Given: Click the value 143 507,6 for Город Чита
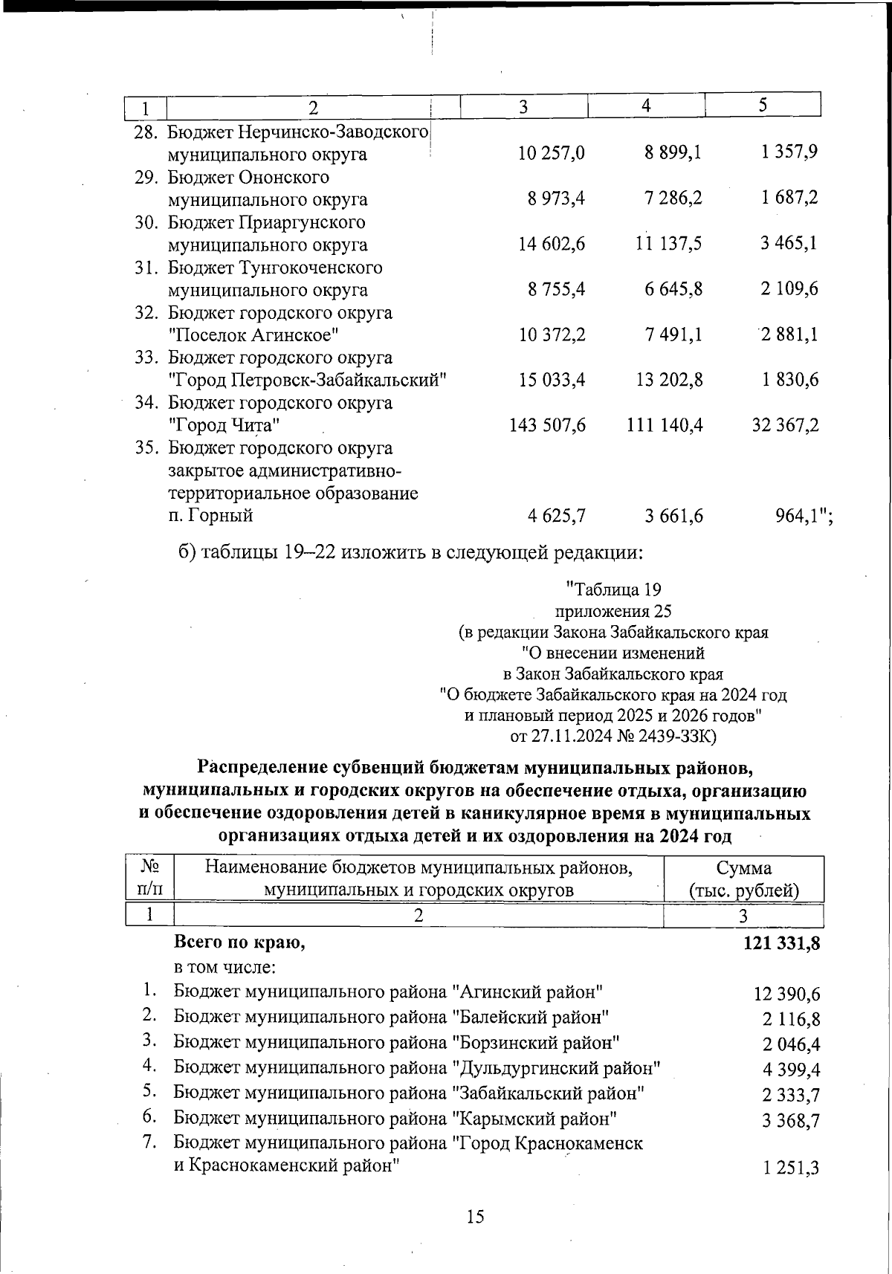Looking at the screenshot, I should click(547, 425).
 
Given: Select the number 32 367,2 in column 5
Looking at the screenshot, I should click(785, 425).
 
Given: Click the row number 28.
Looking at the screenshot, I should click(146, 132).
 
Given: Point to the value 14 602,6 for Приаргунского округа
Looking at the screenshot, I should click(552, 244).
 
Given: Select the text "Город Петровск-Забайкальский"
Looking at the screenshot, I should click(307, 380).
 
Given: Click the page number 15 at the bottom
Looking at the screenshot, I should click(475, 1217).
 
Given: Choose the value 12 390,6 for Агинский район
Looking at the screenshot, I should click(786, 994).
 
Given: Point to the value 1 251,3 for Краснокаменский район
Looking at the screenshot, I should click(791, 1168).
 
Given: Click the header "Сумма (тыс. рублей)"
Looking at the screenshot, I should click(743, 879).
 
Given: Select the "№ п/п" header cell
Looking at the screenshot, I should click(150, 879).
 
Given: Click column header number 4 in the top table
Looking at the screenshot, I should click(646, 106).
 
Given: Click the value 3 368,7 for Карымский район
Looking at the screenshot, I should click(791, 1120).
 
